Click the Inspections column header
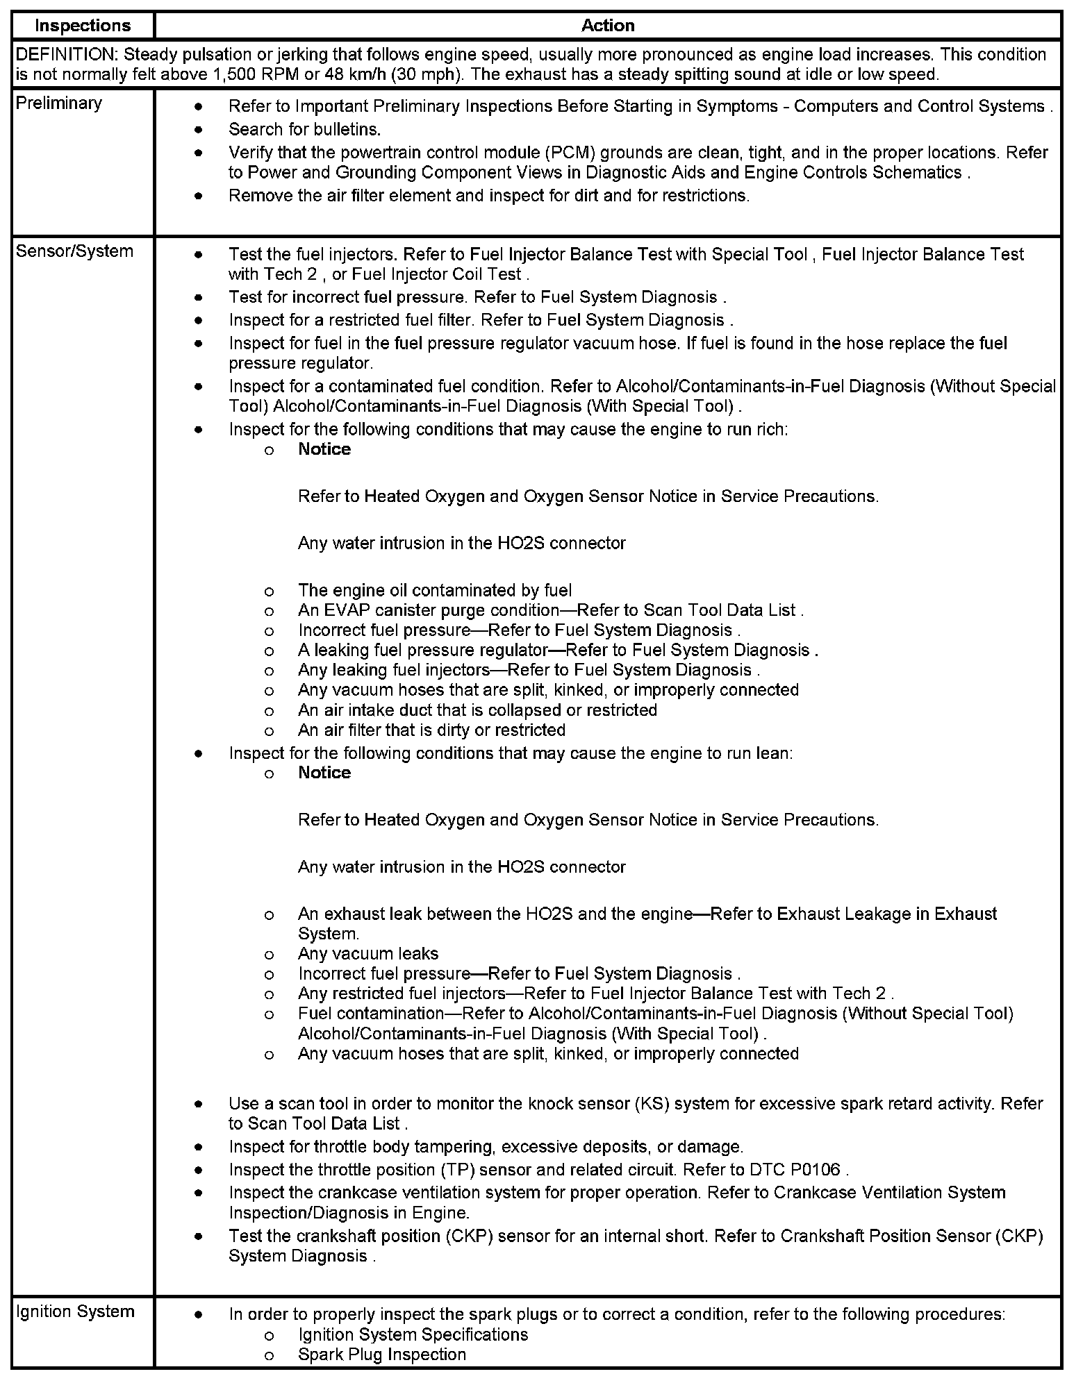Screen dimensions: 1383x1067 (83, 26)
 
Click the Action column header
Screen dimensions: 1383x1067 (608, 26)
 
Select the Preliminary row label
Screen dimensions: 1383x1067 (58, 103)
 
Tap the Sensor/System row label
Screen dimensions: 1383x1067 (74, 251)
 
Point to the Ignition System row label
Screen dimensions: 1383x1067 (75, 1311)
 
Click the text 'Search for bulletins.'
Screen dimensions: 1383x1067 (305, 129)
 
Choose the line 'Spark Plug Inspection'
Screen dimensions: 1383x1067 (382, 1355)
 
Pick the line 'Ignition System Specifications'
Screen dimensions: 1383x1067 (413, 1334)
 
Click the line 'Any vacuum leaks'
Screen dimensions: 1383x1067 (368, 954)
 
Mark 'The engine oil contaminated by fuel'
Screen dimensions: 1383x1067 (435, 590)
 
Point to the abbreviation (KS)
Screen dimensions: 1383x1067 (651, 1104)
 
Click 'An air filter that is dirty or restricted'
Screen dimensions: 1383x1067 (431, 730)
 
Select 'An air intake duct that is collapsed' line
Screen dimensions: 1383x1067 (477, 710)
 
